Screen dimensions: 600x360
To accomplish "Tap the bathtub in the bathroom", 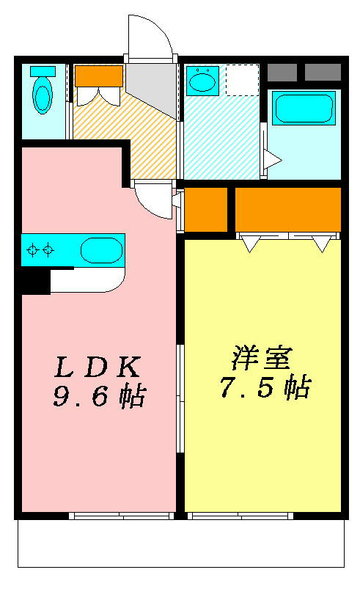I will (x=304, y=109).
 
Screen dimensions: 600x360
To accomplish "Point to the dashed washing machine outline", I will (x=241, y=80).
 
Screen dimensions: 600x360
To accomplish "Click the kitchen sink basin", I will (x=100, y=250).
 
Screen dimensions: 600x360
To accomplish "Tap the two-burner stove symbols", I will (x=40, y=250).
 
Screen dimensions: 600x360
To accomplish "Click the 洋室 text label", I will (x=262, y=359).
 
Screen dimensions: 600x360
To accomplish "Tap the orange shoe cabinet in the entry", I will (x=98, y=76).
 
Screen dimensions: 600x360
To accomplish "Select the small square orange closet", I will (x=206, y=210).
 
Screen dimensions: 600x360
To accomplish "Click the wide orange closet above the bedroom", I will (x=287, y=210).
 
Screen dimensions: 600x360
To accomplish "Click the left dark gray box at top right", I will (x=282, y=73).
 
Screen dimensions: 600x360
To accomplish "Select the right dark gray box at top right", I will (x=323, y=73).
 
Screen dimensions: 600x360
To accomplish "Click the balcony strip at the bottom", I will (x=180, y=544).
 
